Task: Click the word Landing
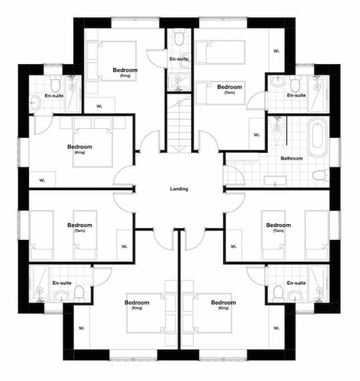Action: (179, 189)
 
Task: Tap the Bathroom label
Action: (291, 158)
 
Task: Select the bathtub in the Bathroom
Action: (317, 138)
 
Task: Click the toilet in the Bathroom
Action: (320, 175)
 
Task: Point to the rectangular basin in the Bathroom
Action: (275, 181)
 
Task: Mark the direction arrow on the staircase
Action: (179, 149)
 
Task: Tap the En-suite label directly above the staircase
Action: (179, 59)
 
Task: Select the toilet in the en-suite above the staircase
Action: (179, 38)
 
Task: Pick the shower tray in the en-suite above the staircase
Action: (179, 82)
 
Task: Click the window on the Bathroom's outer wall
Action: (335, 152)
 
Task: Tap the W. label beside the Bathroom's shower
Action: (257, 134)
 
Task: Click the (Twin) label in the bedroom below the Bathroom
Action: (279, 230)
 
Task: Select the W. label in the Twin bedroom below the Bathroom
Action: (233, 247)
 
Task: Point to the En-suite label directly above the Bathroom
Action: (296, 95)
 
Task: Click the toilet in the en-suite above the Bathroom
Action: (295, 83)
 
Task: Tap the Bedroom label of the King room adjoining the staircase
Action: (125, 70)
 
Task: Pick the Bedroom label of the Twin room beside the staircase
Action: (229, 87)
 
